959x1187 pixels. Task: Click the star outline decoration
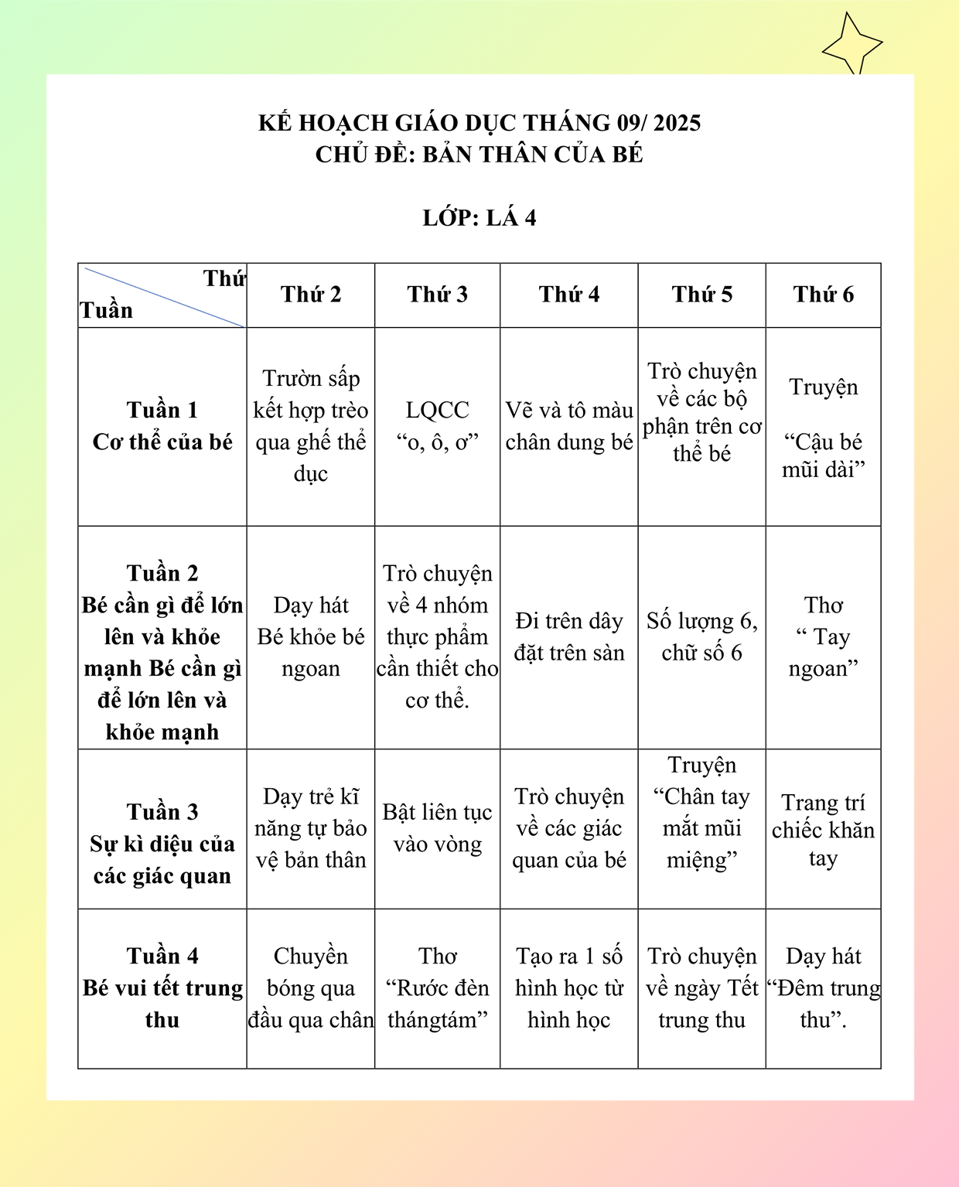[851, 45]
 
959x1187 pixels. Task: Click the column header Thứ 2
[311, 295]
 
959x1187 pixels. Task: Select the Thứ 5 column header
[702, 295]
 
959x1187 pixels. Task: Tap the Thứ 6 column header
[824, 295]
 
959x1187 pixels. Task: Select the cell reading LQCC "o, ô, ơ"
[438, 426]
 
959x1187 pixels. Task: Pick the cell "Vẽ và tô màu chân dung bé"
[569, 426]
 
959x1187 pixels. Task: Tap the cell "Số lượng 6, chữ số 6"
[702, 636]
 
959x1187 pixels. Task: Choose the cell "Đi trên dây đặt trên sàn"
[569, 636]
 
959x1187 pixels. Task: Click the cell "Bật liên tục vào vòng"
[438, 828]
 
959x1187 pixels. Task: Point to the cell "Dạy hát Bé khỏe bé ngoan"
[311, 636]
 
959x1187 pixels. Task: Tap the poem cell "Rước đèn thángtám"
[438, 987]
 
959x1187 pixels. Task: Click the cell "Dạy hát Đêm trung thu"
[824, 987]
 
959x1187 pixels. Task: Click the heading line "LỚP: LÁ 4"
[479, 218]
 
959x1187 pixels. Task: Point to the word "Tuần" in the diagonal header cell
[107, 310]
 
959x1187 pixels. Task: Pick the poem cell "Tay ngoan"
[824, 636]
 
